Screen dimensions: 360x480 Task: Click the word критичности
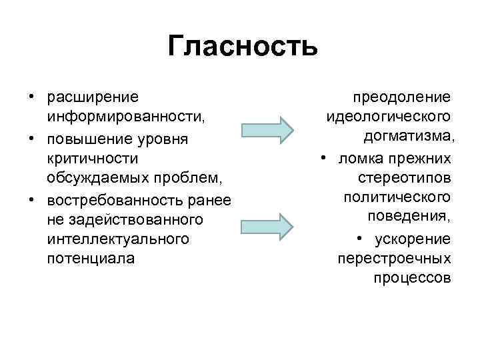pos(93,159)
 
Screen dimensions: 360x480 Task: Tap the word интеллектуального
pos(118,238)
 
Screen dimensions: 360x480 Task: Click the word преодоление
pos(402,97)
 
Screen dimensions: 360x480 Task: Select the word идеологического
pos(389,117)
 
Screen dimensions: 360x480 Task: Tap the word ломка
pos(359,159)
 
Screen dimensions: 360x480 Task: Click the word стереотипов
pos(404,179)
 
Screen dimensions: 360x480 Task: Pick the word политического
pos(397,198)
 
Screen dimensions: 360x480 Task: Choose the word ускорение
pos(413,239)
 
